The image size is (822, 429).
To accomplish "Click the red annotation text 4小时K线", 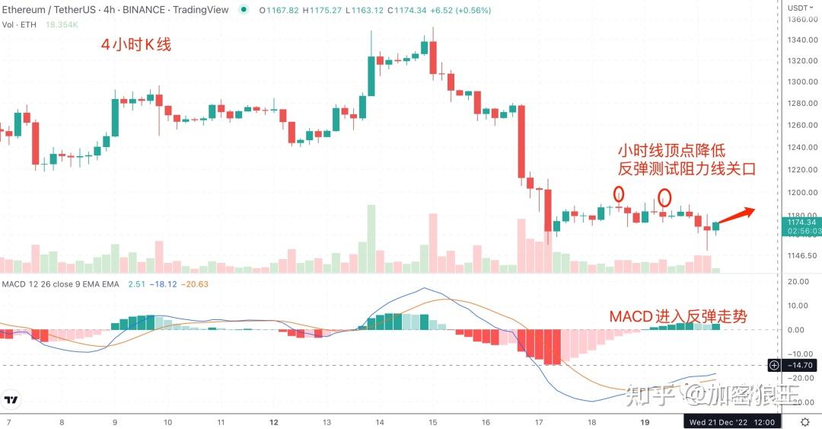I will (137, 45).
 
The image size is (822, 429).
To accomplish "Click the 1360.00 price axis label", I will (802, 19).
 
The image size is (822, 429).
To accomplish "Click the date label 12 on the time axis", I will (273, 421).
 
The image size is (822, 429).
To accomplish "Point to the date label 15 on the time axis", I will (432, 421).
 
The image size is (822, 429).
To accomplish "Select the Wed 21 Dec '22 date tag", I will (732, 421).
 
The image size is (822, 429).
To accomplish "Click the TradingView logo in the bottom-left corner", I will (12, 399).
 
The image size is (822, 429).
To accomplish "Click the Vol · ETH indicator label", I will (20, 24).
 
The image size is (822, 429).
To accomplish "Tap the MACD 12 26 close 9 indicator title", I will (61, 284).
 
